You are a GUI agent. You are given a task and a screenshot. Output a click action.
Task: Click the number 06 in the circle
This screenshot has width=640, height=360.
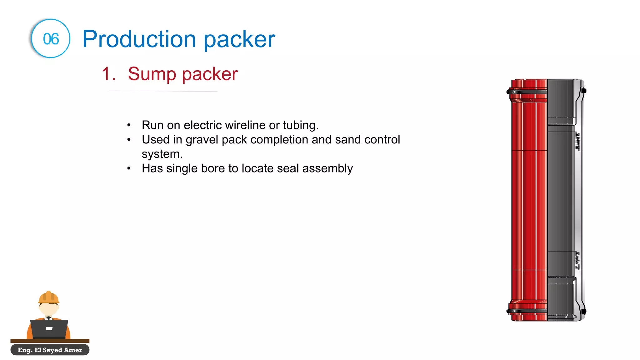51,39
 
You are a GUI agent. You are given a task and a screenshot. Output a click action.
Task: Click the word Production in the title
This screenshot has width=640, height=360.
139,39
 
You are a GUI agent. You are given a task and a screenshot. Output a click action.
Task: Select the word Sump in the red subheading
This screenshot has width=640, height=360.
152,74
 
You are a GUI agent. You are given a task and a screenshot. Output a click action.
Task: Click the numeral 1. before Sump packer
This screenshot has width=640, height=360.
108,74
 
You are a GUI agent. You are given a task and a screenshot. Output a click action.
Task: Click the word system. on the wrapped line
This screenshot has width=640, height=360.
162,154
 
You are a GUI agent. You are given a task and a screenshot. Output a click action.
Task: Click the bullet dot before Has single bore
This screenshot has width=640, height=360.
129,168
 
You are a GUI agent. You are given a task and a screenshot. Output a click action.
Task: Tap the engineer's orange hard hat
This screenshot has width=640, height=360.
48,297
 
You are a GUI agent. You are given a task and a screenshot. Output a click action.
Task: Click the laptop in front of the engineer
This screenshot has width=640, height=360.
49,328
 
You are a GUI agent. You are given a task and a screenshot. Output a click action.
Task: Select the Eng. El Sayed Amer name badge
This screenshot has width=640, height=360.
50,350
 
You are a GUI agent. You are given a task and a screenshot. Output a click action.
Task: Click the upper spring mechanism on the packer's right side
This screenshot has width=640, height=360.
578,141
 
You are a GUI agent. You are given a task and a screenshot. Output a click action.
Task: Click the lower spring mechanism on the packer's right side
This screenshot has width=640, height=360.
578,260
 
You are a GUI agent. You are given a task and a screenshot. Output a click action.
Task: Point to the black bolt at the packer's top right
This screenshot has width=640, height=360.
583,91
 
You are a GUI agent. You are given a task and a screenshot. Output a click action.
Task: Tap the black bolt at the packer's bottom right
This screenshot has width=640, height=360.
583,311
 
